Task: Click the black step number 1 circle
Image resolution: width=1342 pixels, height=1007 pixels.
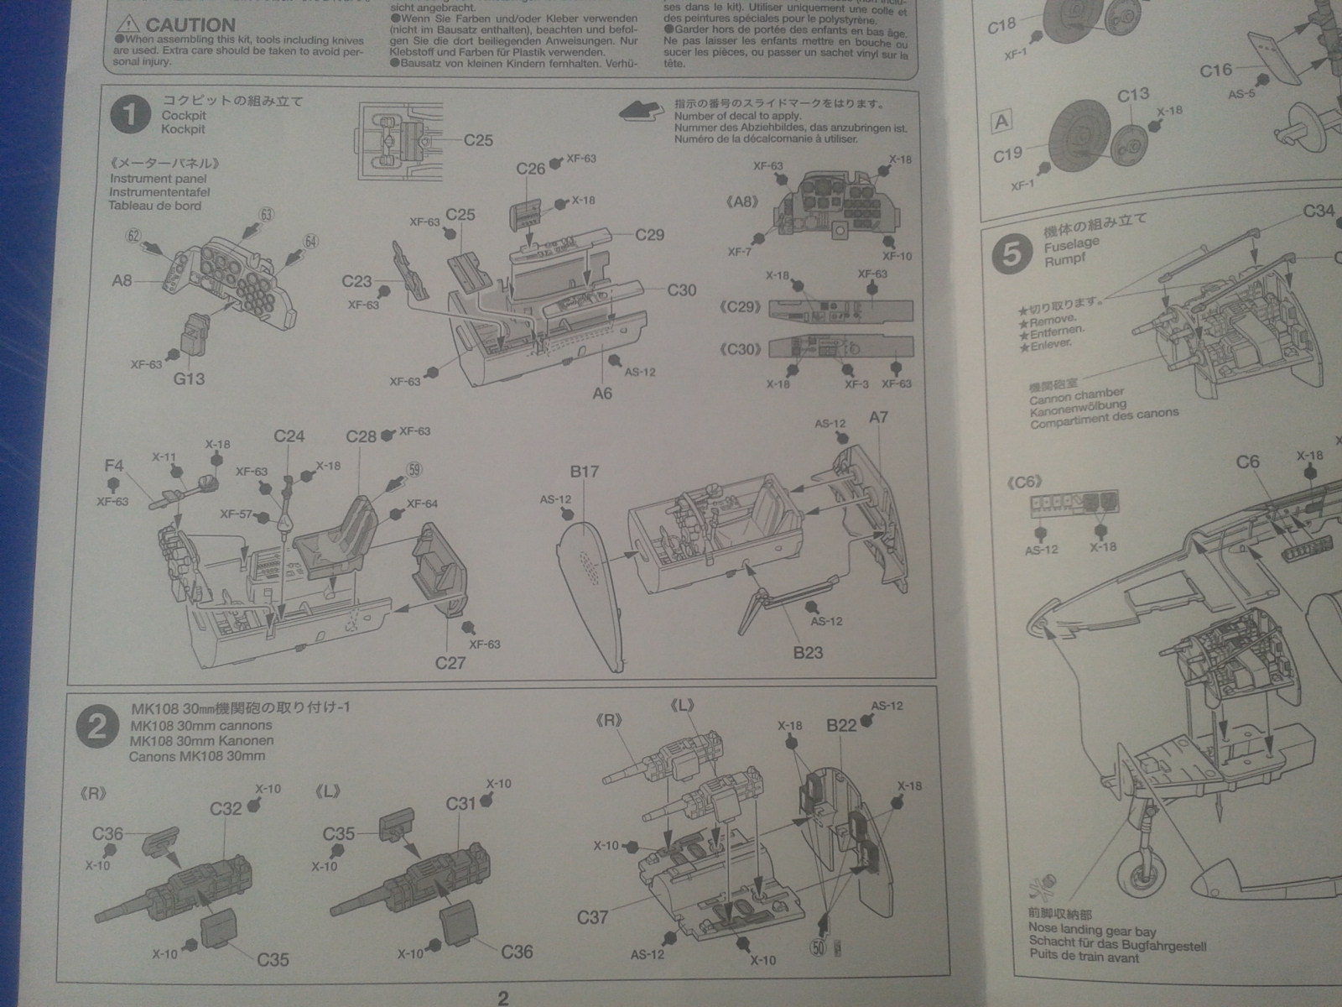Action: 130,116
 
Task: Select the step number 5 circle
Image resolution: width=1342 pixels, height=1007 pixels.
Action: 1012,253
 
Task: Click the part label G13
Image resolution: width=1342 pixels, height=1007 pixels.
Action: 189,378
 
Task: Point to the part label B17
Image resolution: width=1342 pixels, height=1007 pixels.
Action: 584,472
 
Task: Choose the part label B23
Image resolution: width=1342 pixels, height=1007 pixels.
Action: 808,652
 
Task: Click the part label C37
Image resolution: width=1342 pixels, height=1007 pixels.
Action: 592,917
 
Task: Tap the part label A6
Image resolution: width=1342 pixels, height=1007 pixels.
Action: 602,393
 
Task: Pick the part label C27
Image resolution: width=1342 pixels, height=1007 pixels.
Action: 450,663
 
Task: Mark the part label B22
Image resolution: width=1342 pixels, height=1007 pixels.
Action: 841,725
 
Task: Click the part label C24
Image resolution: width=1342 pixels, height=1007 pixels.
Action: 289,436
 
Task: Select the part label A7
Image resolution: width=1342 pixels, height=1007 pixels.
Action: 878,418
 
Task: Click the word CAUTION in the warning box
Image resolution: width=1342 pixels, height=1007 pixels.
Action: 190,25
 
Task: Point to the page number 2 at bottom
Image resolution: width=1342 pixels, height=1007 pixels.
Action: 502,998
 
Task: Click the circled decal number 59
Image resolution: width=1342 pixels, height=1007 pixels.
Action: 414,471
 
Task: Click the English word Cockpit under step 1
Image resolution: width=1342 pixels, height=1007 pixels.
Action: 184,116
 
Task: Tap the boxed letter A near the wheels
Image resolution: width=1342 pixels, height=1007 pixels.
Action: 1001,123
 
